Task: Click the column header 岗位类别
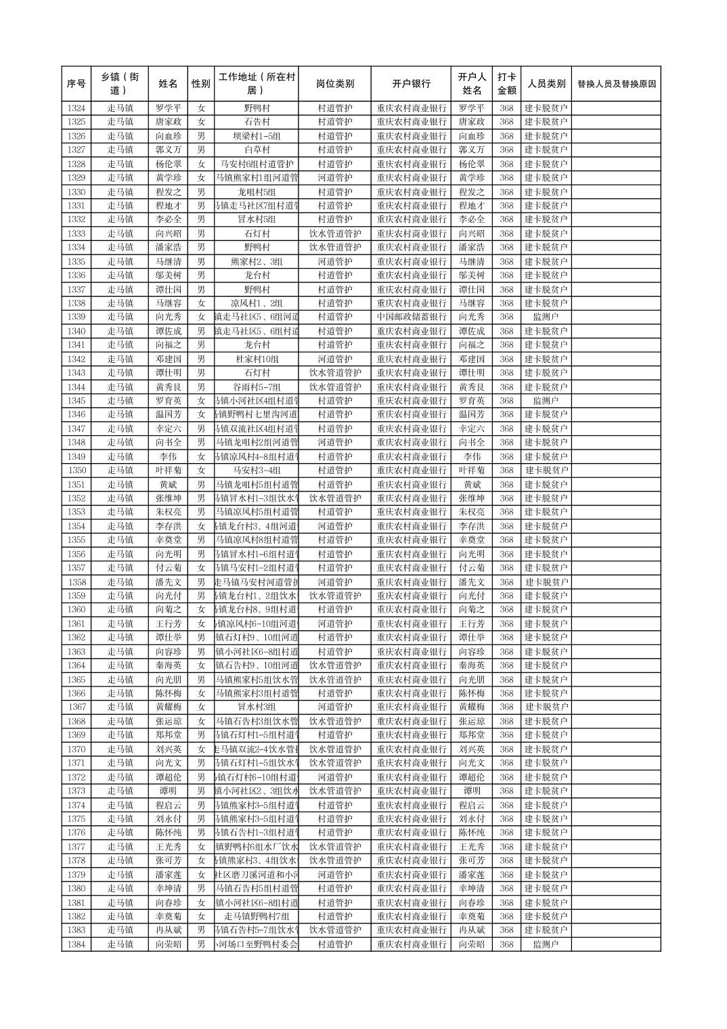(334, 84)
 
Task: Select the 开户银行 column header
(411, 84)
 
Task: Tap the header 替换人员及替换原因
(616, 84)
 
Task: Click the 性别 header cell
(201, 84)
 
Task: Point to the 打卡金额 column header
(506, 84)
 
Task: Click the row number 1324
(76, 108)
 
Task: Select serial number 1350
(76, 470)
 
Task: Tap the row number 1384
(76, 944)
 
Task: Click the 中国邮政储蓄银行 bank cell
(411, 317)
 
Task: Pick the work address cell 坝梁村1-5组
(257, 136)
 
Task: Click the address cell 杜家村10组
(257, 359)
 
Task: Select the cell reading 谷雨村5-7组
(257, 387)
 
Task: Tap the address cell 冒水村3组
(257, 707)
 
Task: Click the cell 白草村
(257, 150)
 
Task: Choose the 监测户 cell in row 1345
(546, 401)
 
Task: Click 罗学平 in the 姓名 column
(169, 108)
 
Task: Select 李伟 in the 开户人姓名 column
(472, 457)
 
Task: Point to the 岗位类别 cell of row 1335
(334, 261)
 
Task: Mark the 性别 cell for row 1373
(201, 791)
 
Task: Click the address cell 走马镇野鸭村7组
(257, 917)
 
